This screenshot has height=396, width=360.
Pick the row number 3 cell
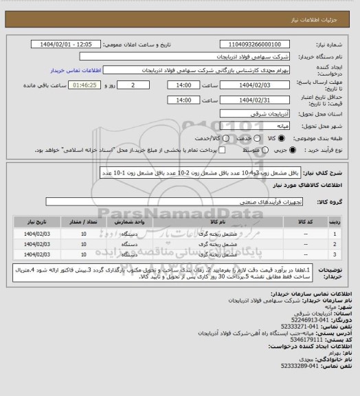click(334, 255)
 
